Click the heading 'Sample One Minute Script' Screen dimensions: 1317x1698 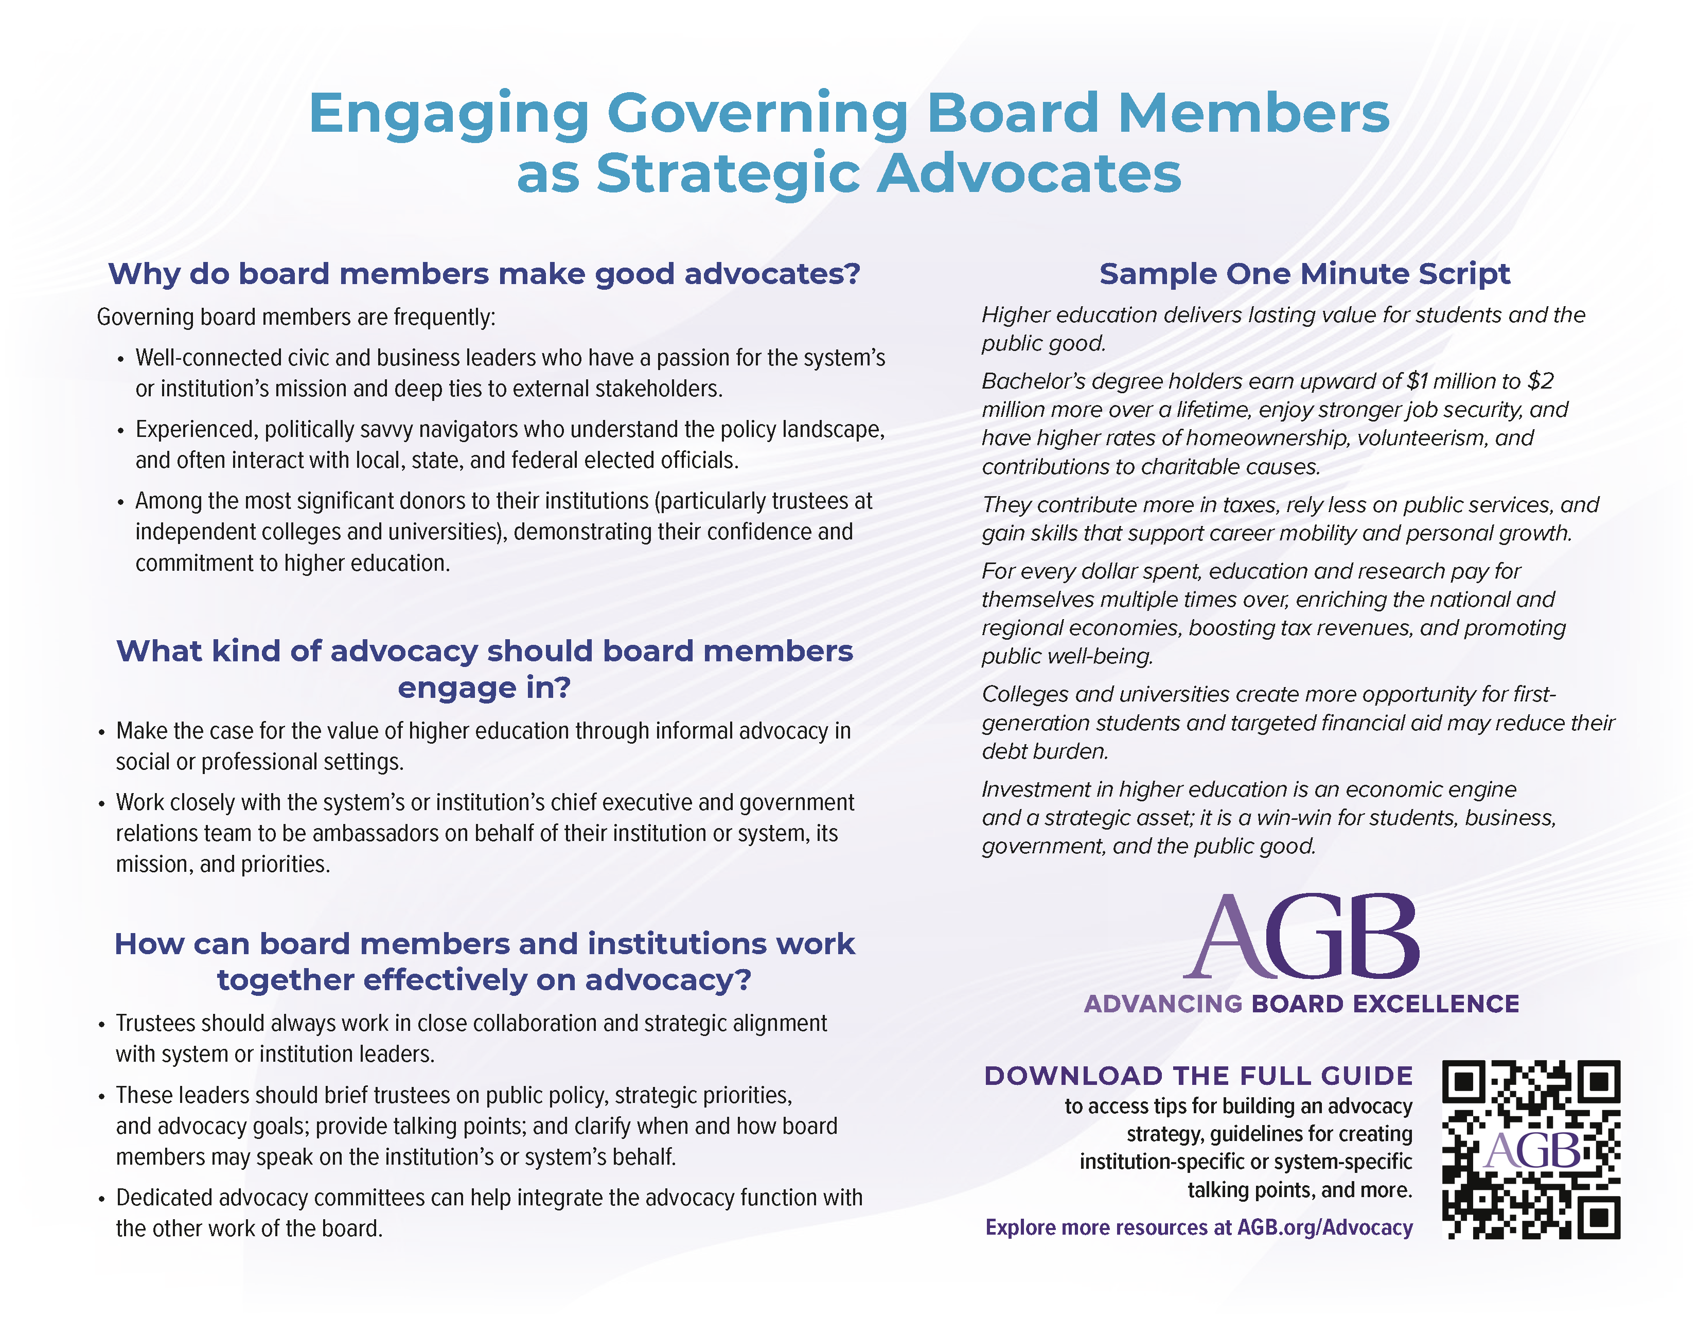coord(1304,274)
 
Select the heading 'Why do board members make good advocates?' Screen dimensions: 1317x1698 coord(484,274)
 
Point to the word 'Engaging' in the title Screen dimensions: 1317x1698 coord(449,114)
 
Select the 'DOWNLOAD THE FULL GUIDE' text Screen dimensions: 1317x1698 coord(1198,1076)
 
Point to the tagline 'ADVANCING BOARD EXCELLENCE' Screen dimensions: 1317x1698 coord(1301,1004)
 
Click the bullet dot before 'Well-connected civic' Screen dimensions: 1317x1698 coord(120,359)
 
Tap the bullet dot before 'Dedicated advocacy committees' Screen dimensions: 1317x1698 coord(101,1199)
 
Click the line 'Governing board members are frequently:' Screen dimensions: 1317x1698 coord(295,317)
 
